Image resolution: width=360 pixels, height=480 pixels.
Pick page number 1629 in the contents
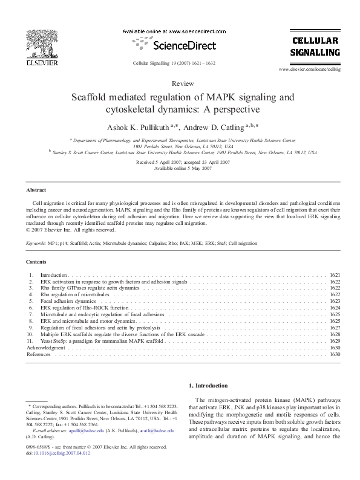335,341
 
